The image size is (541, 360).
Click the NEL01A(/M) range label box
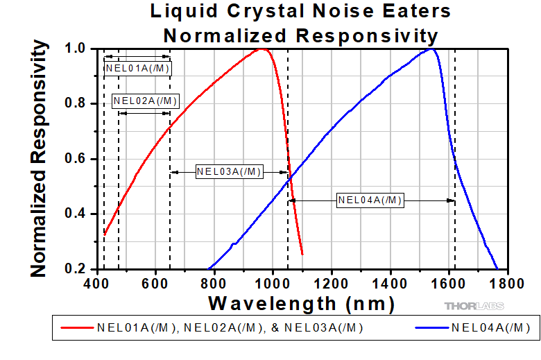pyautogui.click(x=137, y=68)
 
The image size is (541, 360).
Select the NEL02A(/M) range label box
pyautogui.click(x=145, y=101)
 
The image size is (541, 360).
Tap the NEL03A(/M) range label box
pyautogui.click(x=229, y=172)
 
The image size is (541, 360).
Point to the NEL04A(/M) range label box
pyautogui.click(x=370, y=200)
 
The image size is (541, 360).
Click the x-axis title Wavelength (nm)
pyautogui.click(x=301, y=303)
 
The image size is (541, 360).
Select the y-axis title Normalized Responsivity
pyautogui.click(x=40, y=158)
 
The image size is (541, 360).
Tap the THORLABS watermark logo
pyautogui.click(x=474, y=306)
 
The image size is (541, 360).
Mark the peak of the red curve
pyautogui.click(x=262, y=49)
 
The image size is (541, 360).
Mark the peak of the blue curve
pyautogui.click(x=431, y=49)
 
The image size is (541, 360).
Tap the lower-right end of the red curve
pyautogui.click(x=302, y=254)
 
